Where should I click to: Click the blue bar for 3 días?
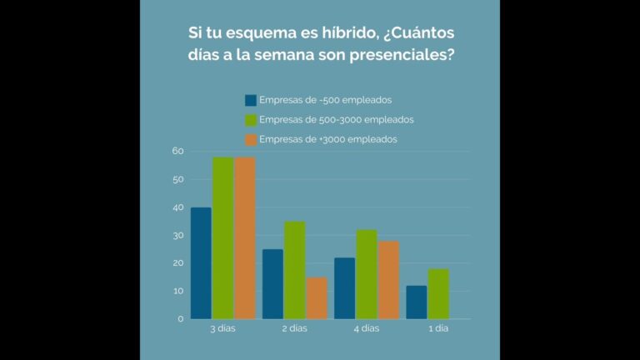coord(201,262)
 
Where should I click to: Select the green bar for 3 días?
coord(222,237)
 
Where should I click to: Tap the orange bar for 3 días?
coord(244,237)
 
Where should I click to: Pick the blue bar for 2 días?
coord(272,283)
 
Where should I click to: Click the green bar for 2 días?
coord(294,269)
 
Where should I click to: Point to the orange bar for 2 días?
coord(316,297)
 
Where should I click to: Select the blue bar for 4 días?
coord(344,287)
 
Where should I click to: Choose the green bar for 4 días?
coord(366,273)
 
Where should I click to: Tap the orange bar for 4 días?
coord(388,279)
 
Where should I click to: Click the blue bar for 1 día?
coord(416,302)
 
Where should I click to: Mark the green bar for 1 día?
coord(438,293)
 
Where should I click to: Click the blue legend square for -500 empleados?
coord(251,100)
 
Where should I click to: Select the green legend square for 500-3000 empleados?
coord(251,120)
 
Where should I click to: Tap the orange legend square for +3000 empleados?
coord(251,139)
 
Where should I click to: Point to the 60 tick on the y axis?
coord(177,151)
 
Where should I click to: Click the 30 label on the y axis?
coord(177,235)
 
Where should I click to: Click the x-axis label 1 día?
coord(437,329)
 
